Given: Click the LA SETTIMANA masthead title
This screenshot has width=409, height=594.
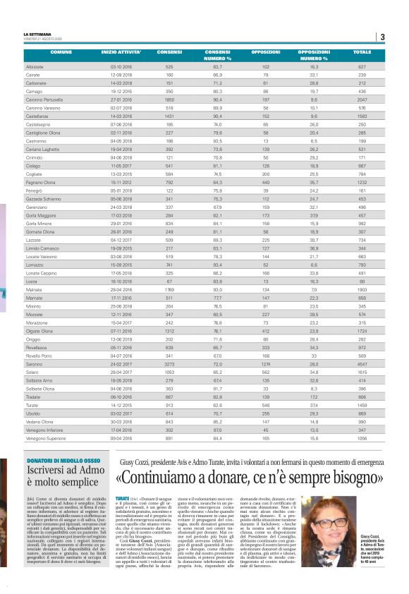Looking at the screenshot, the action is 37,35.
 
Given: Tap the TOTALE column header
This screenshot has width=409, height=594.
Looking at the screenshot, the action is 362,52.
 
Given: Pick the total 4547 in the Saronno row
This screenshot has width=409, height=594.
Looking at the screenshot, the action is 362,365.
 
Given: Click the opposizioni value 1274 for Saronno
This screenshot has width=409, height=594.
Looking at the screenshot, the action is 266,365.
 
